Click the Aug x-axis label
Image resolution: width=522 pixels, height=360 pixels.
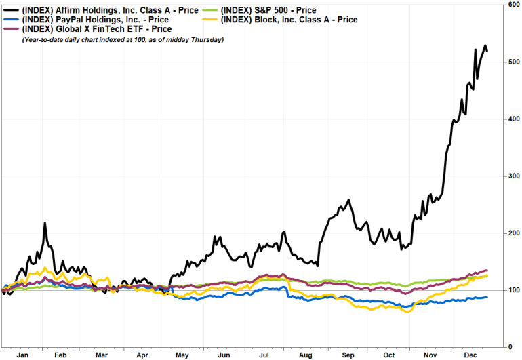[x=306, y=354]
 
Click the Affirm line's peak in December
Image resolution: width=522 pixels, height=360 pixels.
[x=485, y=46]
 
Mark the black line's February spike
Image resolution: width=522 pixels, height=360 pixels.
[x=45, y=223]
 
